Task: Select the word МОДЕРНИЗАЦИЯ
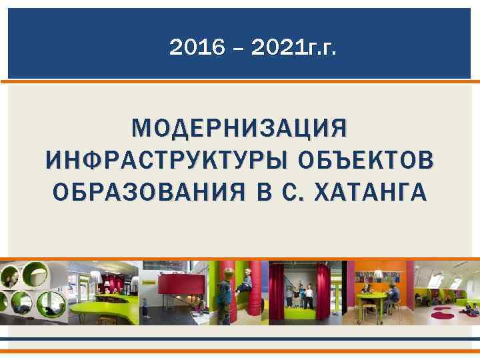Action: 239,127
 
